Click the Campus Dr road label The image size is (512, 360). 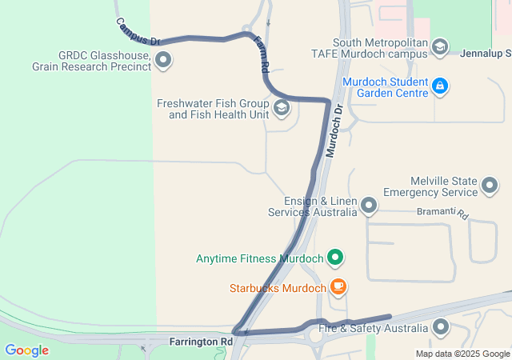[138, 31]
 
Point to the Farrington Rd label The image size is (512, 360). [201, 342]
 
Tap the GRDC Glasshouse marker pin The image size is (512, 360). [164, 60]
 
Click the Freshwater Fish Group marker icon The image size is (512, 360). [282, 108]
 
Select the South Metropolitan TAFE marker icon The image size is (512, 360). [440, 47]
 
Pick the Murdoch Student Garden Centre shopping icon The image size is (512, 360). [439, 86]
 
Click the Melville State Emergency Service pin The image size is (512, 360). [490, 187]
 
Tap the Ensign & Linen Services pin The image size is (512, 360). [369, 206]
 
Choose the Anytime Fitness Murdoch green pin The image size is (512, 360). [336, 258]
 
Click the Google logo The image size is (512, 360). [26, 350]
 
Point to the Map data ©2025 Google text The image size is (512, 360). [462, 354]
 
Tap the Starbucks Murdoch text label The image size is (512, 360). [278, 288]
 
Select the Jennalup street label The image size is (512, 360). [486, 54]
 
